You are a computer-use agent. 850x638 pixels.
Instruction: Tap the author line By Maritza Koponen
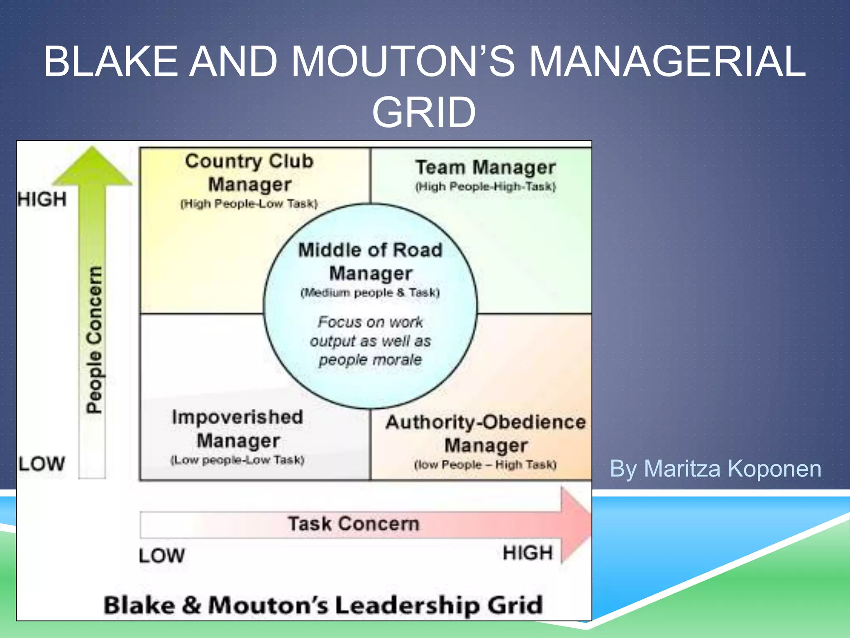[715, 469]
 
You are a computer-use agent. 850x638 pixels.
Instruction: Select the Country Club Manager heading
[249, 172]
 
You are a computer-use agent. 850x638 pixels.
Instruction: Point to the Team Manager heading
[486, 167]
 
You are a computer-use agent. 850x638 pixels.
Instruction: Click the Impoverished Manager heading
[238, 429]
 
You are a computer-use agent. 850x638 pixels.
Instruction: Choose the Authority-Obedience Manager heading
[486, 434]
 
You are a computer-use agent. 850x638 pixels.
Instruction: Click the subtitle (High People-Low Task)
[249, 204]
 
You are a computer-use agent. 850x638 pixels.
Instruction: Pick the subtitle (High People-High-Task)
[486, 187]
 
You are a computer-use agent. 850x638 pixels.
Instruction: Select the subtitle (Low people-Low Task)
[237, 460]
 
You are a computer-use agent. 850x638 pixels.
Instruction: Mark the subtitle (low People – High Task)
[485, 465]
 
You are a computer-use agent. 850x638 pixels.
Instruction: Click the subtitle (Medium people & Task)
[370, 293]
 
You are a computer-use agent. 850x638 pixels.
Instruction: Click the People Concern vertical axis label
[94, 340]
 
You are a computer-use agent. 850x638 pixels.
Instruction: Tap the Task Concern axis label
[354, 524]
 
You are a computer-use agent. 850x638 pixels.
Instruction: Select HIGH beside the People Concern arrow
[42, 199]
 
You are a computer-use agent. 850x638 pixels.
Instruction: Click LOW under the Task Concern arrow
[162, 556]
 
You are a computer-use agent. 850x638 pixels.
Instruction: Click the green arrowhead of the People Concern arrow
[92, 166]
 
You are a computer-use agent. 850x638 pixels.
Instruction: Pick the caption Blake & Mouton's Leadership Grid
[323, 605]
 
